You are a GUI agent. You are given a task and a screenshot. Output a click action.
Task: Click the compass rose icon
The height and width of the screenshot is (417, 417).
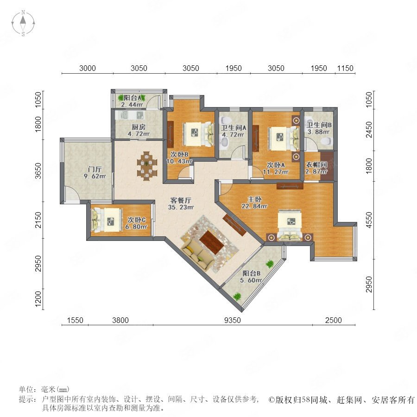23,23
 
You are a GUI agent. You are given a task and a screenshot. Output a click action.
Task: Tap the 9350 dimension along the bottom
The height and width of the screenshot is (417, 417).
233,320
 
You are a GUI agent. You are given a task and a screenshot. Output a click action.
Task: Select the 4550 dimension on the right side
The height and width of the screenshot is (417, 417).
369,220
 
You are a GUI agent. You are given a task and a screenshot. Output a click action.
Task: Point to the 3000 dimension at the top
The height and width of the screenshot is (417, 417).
88,68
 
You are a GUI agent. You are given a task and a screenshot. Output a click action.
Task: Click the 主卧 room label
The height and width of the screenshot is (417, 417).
254,199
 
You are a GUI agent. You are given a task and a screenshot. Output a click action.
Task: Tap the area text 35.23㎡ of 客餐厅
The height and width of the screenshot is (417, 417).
181,207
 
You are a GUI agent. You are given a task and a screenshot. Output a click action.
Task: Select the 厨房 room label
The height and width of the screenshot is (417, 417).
138,127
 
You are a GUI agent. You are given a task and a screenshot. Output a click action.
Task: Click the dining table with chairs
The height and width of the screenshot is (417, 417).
147,166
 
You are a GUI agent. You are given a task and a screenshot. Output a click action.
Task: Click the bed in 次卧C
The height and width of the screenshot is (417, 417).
107,220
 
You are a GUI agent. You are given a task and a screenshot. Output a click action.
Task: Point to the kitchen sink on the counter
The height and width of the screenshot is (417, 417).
125,115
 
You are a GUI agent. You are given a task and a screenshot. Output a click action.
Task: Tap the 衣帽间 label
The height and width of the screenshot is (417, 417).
316,164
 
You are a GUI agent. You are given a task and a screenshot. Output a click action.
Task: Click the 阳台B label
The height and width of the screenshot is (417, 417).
251,273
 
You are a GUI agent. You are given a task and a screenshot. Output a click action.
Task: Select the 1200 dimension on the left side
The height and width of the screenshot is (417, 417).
38,299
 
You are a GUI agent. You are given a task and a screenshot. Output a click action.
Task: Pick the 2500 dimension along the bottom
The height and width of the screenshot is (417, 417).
334,320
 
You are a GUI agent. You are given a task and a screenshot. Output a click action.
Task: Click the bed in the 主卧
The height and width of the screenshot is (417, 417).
290,225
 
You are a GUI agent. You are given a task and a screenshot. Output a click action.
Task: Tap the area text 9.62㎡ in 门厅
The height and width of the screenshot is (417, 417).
95,176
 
